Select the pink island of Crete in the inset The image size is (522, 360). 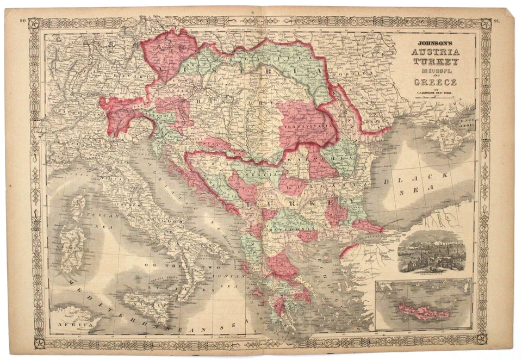coord(424,311)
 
